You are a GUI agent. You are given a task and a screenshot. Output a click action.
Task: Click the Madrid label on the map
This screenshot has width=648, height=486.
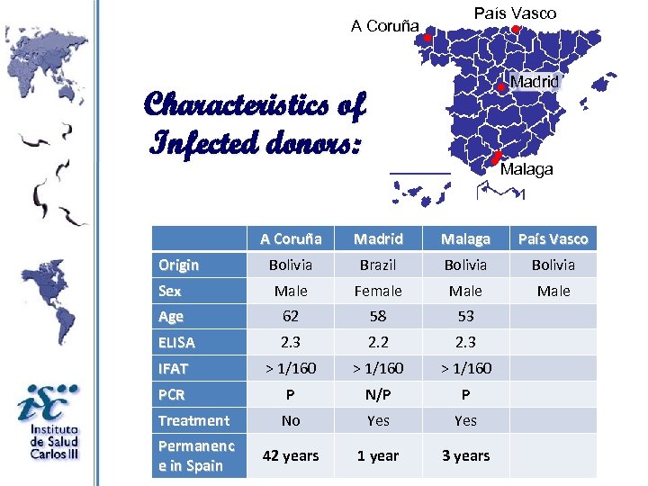click(x=535, y=81)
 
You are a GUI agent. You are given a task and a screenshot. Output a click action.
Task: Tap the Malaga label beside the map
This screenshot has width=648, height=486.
click(x=526, y=169)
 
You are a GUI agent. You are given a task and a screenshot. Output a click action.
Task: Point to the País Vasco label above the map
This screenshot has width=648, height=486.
click(x=515, y=13)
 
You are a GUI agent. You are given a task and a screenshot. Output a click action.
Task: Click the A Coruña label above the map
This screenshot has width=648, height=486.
click(x=385, y=26)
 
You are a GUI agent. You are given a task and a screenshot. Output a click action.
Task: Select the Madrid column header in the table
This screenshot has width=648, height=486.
click(x=378, y=238)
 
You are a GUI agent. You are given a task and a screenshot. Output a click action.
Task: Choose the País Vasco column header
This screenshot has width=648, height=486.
click(x=553, y=238)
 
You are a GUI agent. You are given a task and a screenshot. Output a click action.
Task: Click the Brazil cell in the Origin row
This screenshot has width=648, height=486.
click(x=378, y=265)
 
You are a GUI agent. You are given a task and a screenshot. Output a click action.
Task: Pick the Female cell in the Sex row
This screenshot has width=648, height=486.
click(x=378, y=291)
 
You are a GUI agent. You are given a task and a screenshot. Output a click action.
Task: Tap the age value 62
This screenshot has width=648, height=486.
click(x=291, y=317)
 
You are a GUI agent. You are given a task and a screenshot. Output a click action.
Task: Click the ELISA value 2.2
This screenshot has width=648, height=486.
click(x=378, y=342)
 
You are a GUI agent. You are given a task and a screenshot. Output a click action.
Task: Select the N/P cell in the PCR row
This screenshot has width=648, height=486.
click(x=378, y=394)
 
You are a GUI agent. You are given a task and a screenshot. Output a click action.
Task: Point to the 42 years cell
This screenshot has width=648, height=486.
click(x=291, y=455)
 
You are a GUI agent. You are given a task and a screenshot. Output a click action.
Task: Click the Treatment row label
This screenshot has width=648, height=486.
click(x=193, y=420)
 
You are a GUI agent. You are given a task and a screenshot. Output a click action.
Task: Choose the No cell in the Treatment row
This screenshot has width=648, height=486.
click(x=291, y=420)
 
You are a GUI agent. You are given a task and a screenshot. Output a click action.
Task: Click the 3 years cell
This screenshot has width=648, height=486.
click(x=465, y=455)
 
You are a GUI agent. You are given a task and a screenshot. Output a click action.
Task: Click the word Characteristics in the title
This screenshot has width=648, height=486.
click(x=243, y=106)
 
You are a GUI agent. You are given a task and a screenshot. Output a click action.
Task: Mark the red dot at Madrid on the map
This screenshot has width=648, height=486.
click(x=500, y=87)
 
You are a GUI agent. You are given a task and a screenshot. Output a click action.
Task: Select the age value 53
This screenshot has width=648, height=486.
click(x=465, y=317)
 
